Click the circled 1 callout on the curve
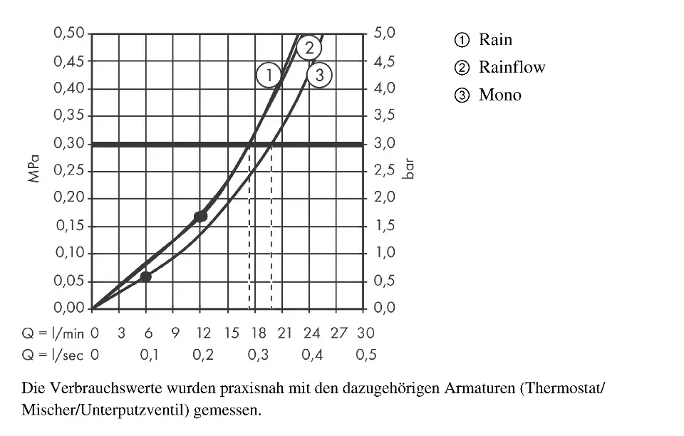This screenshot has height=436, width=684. [x=269, y=75]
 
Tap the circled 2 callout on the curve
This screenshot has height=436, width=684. [x=309, y=48]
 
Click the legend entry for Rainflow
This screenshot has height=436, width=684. [x=512, y=68]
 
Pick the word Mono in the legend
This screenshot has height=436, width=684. [x=499, y=95]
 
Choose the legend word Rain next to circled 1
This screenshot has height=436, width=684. [x=495, y=40]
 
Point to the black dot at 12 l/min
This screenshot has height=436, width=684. [x=201, y=216]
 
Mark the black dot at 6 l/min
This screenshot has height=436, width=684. [x=146, y=276]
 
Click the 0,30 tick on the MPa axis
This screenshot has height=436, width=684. [x=69, y=144]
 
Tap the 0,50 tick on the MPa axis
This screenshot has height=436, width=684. [x=69, y=33]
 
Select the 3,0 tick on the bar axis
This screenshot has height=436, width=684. [x=385, y=144]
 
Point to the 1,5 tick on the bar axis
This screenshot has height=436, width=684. [x=385, y=227]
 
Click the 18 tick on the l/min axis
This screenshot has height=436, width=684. [x=258, y=333]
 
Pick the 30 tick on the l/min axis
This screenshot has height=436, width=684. [x=366, y=333]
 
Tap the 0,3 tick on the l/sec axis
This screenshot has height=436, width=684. [x=258, y=355]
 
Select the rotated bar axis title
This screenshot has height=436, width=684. [x=409, y=172]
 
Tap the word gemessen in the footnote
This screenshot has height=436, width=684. [x=227, y=411]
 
